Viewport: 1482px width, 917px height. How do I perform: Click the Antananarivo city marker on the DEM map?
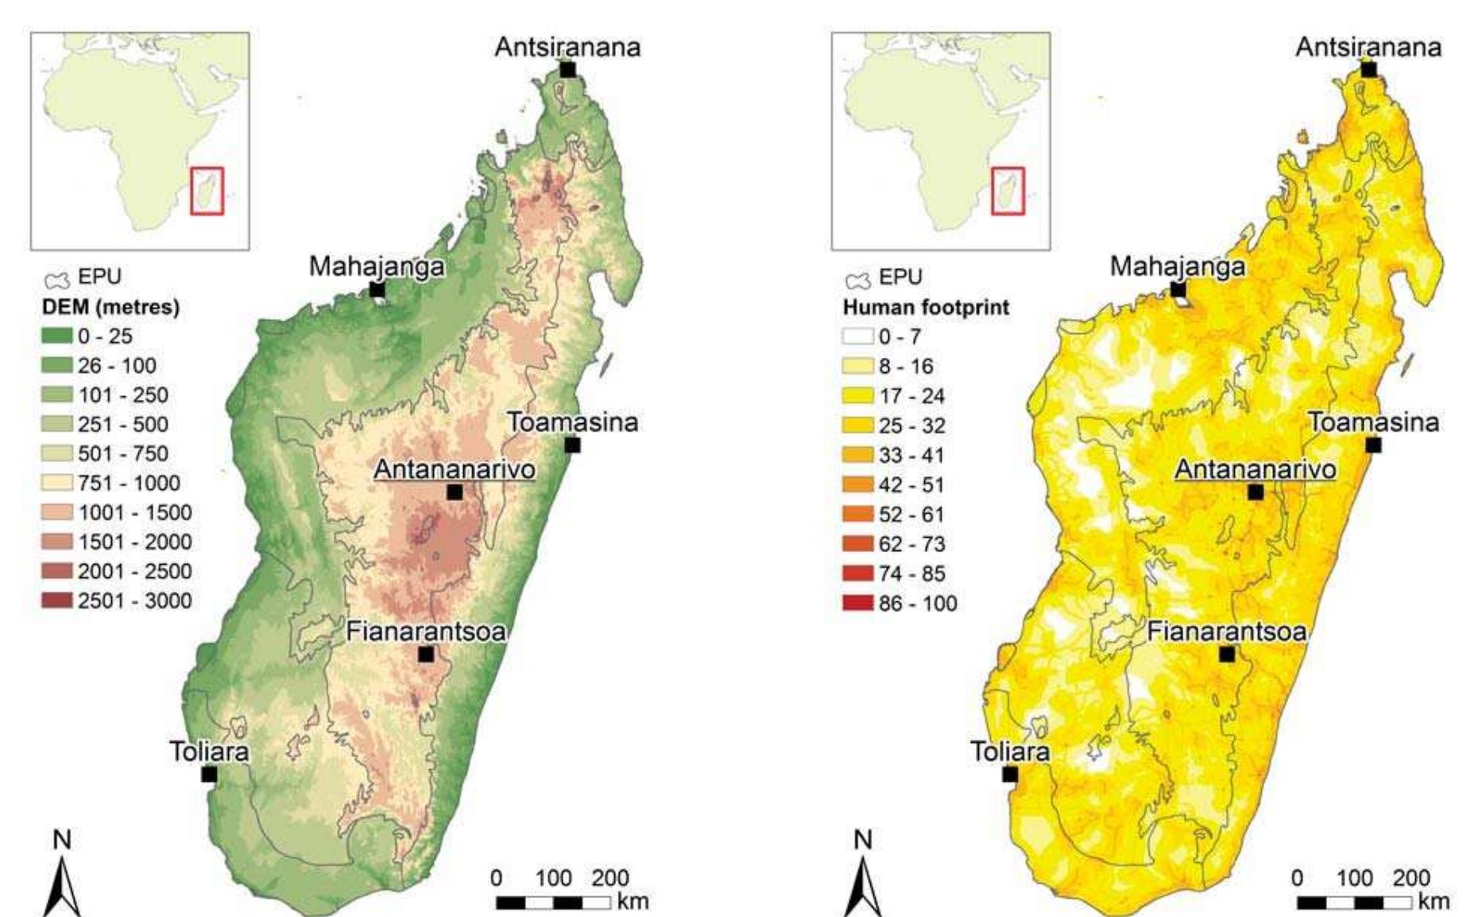point(454,492)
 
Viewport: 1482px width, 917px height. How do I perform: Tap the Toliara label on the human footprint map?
point(1010,752)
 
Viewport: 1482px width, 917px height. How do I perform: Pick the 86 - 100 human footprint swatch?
point(857,604)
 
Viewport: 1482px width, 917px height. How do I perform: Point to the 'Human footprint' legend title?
point(926,307)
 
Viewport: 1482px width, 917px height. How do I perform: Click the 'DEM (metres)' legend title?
point(110,307)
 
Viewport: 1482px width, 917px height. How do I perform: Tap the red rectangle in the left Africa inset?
point(207,191)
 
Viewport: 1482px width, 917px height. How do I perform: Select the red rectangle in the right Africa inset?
point(1008,191)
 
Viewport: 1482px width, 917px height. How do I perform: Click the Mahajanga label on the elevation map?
point(376,266)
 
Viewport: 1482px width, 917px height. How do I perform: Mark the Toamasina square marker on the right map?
point(1373,445)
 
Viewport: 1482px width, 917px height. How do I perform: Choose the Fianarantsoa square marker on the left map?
point(426,655)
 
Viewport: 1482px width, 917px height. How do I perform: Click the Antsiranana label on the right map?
point(1368,48)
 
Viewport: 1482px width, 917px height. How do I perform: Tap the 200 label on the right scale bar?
point(1411,879)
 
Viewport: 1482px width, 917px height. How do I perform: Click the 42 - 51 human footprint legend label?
point(911,485)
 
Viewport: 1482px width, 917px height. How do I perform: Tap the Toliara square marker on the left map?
point(209,774)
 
